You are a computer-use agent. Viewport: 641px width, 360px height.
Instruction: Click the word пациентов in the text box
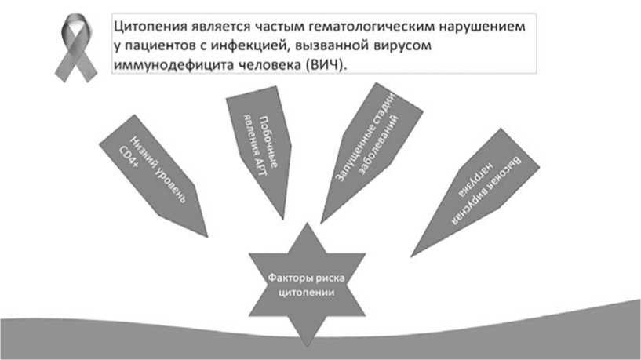pyautogui.click(x=162, y=45)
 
